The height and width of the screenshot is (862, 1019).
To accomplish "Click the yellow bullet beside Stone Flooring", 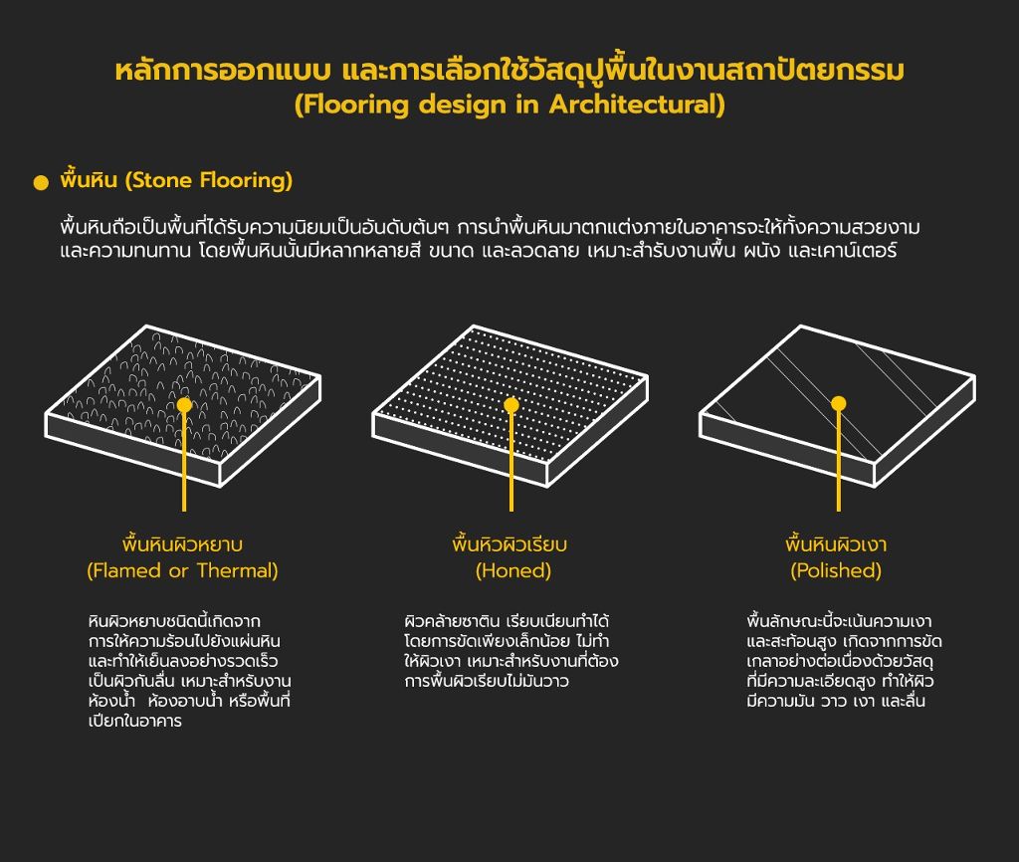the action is click(41, 183).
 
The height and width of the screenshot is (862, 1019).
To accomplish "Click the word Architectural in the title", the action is click(637, 104).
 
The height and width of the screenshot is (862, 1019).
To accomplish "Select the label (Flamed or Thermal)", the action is click(183, 570).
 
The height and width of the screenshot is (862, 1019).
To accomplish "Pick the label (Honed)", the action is click(513, 570).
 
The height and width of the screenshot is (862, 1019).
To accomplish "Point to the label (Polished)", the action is click(836, 570).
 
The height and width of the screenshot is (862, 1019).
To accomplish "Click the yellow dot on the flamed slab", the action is click(184, 405).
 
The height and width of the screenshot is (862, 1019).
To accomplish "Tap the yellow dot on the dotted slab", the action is click(511, 405).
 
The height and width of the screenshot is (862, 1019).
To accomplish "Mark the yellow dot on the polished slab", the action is click(839, 404).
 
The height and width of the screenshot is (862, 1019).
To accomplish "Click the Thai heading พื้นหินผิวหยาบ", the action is click(183, 544).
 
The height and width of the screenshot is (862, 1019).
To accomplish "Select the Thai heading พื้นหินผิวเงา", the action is click(836, 544).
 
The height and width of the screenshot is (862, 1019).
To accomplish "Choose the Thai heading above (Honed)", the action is click(509, 544).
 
